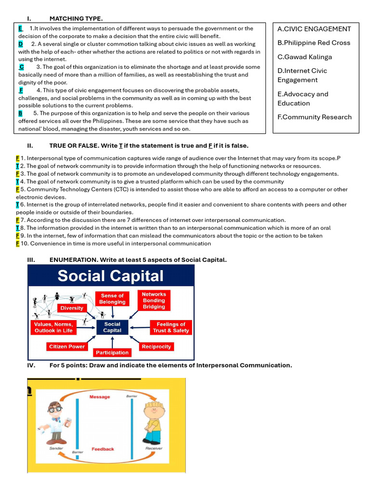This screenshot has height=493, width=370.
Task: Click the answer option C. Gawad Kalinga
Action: [x=304, y=57]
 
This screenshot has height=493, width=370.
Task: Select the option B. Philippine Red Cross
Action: [x=314, y=43]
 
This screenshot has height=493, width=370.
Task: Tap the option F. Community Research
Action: [x=314, y=117]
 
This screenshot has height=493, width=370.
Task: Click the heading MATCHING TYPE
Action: [x=76, y=18]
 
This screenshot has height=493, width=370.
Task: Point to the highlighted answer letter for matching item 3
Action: [x=22, y=67]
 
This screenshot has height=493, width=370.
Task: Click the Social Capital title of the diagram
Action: [x=111, y=276]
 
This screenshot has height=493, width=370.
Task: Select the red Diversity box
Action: [x=72, y=308]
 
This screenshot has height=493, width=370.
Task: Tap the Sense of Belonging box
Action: [x=112, y=299]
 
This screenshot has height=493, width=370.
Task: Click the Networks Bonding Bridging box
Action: [x=154, y=300]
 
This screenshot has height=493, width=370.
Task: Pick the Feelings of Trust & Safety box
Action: [x=171, y=327]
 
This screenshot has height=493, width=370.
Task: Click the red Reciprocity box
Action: [x=156, y=347]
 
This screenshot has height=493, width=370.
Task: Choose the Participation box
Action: [x=112, y=353]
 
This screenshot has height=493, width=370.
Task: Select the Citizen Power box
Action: [x=67, y=347]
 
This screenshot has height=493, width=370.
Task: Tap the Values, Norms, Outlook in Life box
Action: [x=53, y=327]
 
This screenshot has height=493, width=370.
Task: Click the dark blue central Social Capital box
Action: [x=112, y=327]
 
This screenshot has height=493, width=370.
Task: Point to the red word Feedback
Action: [x=103, y=449]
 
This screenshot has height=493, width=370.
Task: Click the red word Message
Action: [x=100, y=397]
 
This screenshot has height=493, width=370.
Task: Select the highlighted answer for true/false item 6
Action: [x=17, y=205]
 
